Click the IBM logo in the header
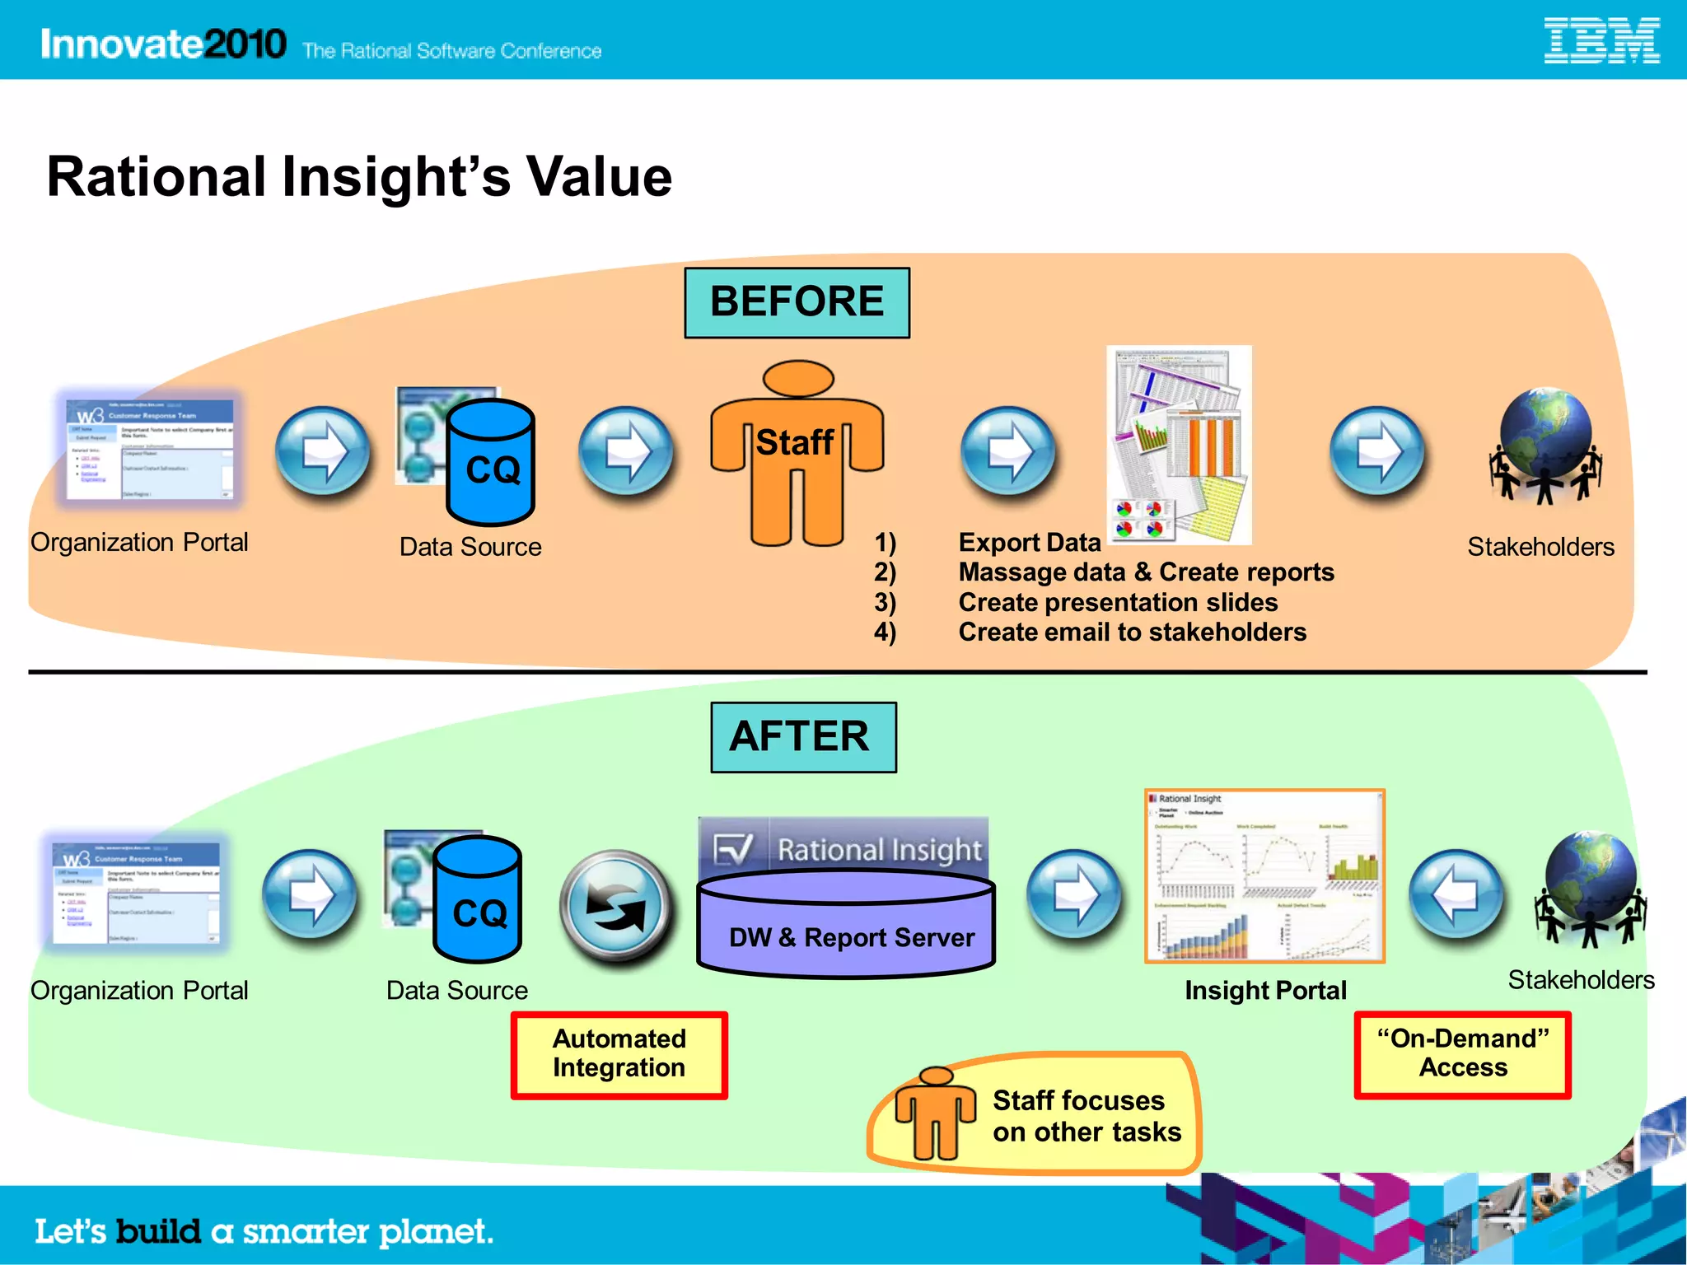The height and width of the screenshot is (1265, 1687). click(1601, 41)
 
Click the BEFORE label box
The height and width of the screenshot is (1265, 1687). click(797, 302)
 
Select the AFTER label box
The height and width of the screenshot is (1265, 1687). click(803, 737)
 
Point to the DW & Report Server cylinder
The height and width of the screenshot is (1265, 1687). click(846, 927)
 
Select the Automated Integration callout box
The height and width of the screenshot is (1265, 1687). click(619, 1054)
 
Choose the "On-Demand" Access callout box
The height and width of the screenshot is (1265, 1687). click(1462, 1054)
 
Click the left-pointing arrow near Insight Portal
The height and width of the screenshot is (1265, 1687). click(1456, 896)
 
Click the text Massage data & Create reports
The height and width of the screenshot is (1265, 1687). click(1145, 572)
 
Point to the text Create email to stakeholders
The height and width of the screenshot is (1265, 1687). click(1132, 632)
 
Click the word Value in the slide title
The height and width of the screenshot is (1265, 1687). click(599, 177)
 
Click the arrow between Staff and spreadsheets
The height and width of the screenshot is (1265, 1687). click(1008, 451)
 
